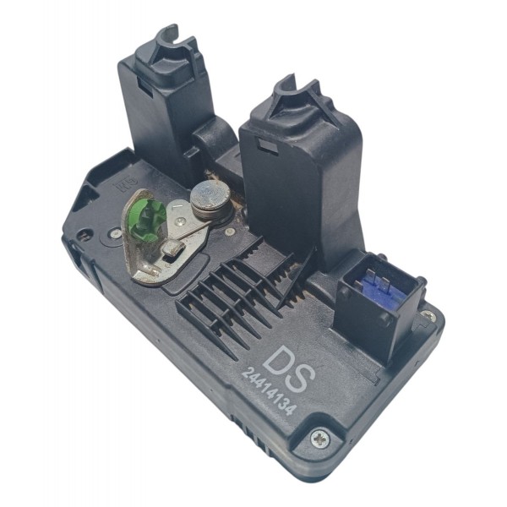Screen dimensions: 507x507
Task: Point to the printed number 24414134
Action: (269, 392)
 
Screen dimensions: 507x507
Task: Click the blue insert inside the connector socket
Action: (382, 287)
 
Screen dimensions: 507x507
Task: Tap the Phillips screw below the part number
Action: (320, 439)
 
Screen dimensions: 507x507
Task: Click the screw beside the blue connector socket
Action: (428, 314)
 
